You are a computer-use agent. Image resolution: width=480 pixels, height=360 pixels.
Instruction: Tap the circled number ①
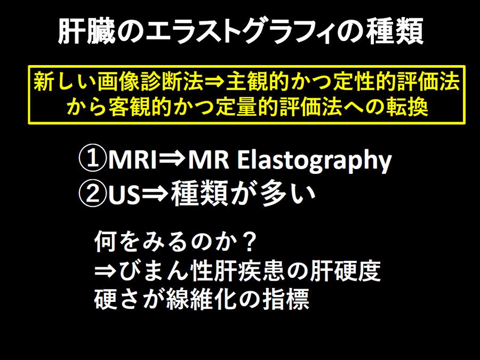tap(92, 158)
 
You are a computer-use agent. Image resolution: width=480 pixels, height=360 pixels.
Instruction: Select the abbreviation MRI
tap(132, 159)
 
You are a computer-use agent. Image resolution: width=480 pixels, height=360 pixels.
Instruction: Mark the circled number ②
tap(92, 194)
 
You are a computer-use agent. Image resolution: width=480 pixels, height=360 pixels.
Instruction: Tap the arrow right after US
tap(156, 194)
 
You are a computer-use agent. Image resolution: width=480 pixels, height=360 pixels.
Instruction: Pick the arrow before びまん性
tap(106, 271)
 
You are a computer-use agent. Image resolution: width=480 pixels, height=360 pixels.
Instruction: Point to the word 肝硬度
tap(345, 271)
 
